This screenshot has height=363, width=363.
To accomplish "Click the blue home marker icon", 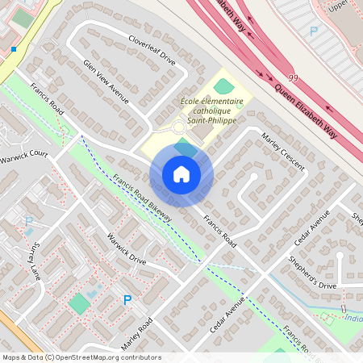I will (x=181, y=173).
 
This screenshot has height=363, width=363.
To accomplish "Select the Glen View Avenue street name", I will (x=106, y=81).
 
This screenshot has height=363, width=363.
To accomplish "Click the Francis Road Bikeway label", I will (x=145, y=207).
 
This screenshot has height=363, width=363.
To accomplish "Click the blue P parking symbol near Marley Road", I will (x=127, y=300).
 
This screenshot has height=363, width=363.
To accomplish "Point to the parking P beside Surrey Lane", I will (x=29, y=221).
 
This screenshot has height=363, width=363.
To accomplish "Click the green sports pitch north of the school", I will (x=223, y=85).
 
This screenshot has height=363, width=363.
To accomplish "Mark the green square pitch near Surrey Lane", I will (x=79, y=304).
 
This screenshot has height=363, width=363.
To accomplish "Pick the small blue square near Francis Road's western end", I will (x=14, y=49).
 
